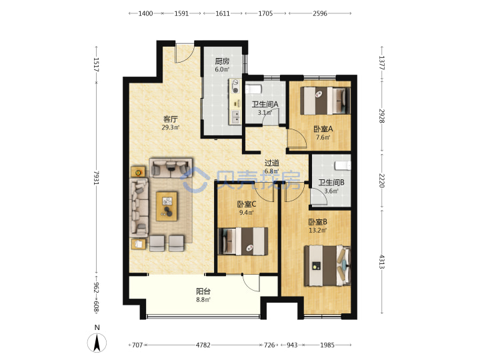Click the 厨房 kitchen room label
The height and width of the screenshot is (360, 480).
click(222, 61)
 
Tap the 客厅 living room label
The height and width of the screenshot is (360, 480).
click(171, 119)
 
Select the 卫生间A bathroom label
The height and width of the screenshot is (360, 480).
click(265, 105)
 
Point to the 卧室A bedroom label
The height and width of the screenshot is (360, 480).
click(323, 129)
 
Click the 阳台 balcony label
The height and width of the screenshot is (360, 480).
click(203, 291)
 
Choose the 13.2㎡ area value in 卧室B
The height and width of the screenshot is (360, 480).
click(317, 230)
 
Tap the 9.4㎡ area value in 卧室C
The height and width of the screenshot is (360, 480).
click(247, 213)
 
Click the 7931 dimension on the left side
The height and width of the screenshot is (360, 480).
click(97, 177)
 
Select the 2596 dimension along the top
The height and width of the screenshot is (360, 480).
click(320, 13)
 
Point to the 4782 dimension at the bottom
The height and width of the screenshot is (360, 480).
click(203, 345)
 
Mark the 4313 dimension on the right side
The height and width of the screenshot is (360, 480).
click(382, 262)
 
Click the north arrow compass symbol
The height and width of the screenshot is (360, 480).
click(97, 342)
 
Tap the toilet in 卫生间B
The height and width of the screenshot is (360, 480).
click(343, 165)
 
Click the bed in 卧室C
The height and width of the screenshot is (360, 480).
click(243, 241)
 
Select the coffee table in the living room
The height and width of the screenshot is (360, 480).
click(167, 206)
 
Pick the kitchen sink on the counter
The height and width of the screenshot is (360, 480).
click(235, 117)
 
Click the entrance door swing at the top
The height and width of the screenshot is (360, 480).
click(184, 54)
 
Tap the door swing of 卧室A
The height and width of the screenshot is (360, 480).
click(297, 139)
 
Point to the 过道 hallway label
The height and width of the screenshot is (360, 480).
click(271, 163)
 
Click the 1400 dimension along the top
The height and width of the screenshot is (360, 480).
click(145, 13)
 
